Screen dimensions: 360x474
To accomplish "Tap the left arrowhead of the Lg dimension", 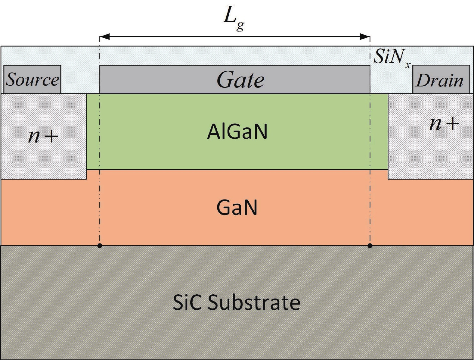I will coord(104,37).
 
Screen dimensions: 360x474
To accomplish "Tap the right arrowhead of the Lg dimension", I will coord(365,37).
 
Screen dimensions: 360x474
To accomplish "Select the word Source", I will coord(32,80).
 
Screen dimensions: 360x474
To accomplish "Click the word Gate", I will coord(240,80).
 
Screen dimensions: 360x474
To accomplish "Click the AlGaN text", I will coord(237,132).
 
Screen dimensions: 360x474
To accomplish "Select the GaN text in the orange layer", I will coord(237,208).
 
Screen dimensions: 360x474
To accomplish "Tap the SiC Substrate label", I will coord(237,302).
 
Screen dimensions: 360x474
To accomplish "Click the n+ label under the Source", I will coord(43,136).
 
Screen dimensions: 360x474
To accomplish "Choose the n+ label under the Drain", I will coord(444,123).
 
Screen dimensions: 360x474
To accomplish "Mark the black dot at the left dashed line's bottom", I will coord(100,246).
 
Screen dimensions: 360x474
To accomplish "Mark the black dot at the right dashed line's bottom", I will coord(370,246).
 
